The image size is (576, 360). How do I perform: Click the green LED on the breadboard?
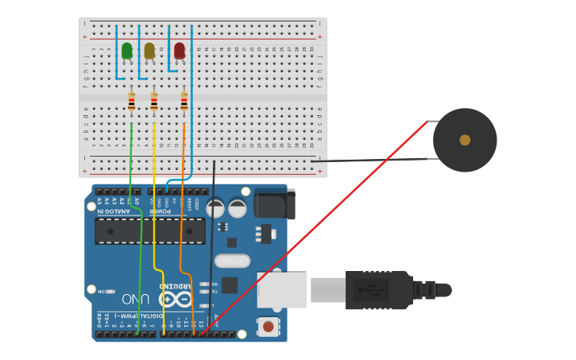pyautogui.click(x=127, y=51)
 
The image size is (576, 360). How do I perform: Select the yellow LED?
pyautogui.click(x=149, y=51)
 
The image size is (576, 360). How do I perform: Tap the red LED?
pyautogui.click(x=180, y=51)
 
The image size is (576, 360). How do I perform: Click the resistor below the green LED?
pyautogui.click(x=131, y=103)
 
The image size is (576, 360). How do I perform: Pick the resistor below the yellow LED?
pyautogui.click(x=154, y=103)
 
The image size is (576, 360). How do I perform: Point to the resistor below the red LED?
pyautogui.click(x=184, y=103)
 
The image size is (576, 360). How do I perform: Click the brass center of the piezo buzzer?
pyautogui.click(x=465, y=140)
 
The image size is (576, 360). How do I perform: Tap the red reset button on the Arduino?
pyautogui.click(x=269, y=327)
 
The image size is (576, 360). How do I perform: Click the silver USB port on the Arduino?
pyautogui.click(x=281, y=290)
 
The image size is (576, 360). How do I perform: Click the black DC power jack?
pyautogui.click(x=275, y=203)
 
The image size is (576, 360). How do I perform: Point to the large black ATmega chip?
pyautogui.click(x=150, y=231)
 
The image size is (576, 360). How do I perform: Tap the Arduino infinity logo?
pyautogui.click(x=176, y=299)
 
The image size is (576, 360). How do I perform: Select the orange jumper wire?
pyautogui.click(x=182, y=238)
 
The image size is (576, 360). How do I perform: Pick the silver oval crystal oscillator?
pyautogui.click(x=232, y=261)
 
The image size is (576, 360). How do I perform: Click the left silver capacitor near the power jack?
pyautogui.click(x=215, y=208)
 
